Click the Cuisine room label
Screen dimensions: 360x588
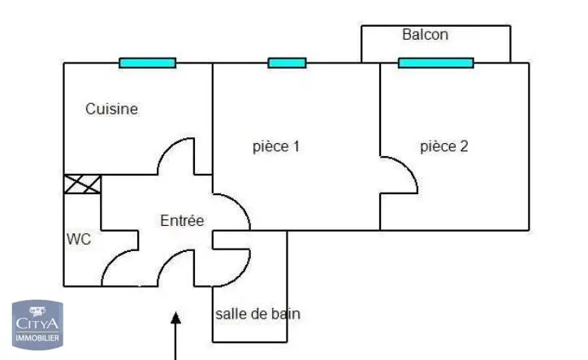(x=112, y=109)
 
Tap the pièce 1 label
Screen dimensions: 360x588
(x=277, y=147)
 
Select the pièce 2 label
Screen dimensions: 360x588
(x=444, y=147)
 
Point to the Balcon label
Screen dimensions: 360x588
(x=425, y=35)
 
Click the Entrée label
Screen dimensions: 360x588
(x=182, y=220)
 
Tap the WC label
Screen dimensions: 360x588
(x=79, y=240)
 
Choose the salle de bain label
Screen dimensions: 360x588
(x=258, y=314)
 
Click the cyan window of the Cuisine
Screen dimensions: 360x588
(x=147, y=63)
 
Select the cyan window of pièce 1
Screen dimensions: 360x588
(x=287, y=63)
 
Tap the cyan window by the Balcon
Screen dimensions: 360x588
(x=435, y=63)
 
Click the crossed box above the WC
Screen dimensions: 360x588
(x=83, y=184)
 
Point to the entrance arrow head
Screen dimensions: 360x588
(x=175, y=318)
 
